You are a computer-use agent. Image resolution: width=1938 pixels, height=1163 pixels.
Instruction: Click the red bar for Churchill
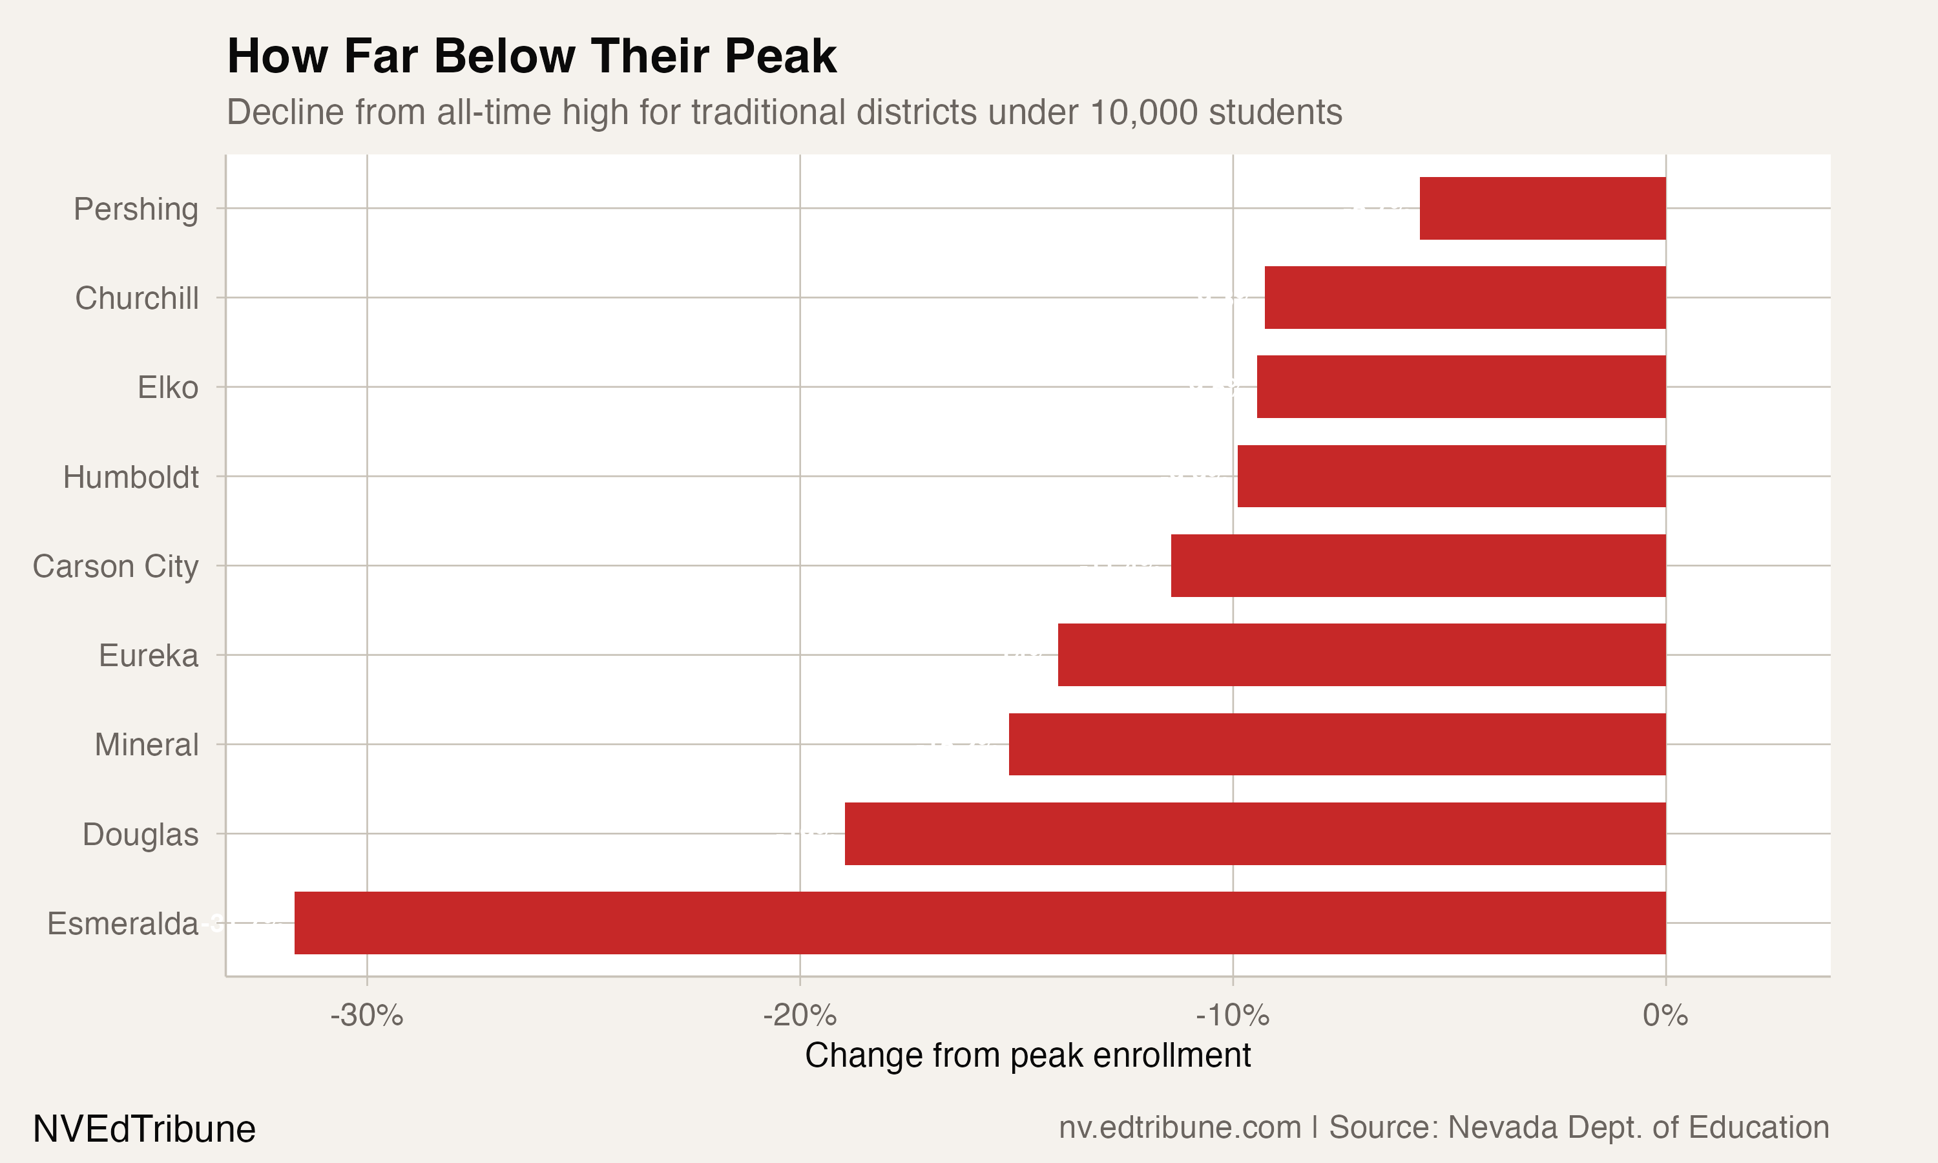[1465, 298]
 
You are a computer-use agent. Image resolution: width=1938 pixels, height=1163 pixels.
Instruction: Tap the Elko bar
[1461, 387]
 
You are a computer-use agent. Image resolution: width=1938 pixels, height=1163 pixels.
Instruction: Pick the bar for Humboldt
[1451, 476]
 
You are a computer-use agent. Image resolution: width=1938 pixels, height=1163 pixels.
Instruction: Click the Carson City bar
[1418, 566]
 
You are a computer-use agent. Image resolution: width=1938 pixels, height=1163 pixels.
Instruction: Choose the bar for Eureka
[1362, 655]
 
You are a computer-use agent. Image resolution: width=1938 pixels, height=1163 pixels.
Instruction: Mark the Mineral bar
[1337, 744]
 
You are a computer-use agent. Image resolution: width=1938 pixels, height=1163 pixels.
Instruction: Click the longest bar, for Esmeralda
[979, 923]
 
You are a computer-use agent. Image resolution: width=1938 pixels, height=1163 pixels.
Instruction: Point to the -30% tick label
[367, 1016]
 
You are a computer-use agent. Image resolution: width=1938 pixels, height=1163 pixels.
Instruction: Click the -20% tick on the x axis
[799, 1016]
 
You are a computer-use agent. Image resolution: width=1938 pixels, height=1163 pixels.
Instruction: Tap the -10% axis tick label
[1232, 1016]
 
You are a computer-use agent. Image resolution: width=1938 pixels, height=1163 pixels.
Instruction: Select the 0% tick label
[1665, 1016]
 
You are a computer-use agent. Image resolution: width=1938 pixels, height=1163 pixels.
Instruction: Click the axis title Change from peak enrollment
[1027, 1056]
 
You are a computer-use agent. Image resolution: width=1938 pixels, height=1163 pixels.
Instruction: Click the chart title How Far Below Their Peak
[531, 56]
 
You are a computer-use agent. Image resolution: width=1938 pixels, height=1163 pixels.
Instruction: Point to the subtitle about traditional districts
[784, 112]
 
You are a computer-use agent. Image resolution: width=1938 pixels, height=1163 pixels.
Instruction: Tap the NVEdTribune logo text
[144, 1129]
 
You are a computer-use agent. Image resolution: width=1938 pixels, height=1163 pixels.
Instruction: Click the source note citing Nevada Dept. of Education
[1443, 1127]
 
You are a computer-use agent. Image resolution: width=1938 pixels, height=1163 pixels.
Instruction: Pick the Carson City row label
[115, 566]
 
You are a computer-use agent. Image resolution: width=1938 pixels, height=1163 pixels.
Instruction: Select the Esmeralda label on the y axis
[122, 924]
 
